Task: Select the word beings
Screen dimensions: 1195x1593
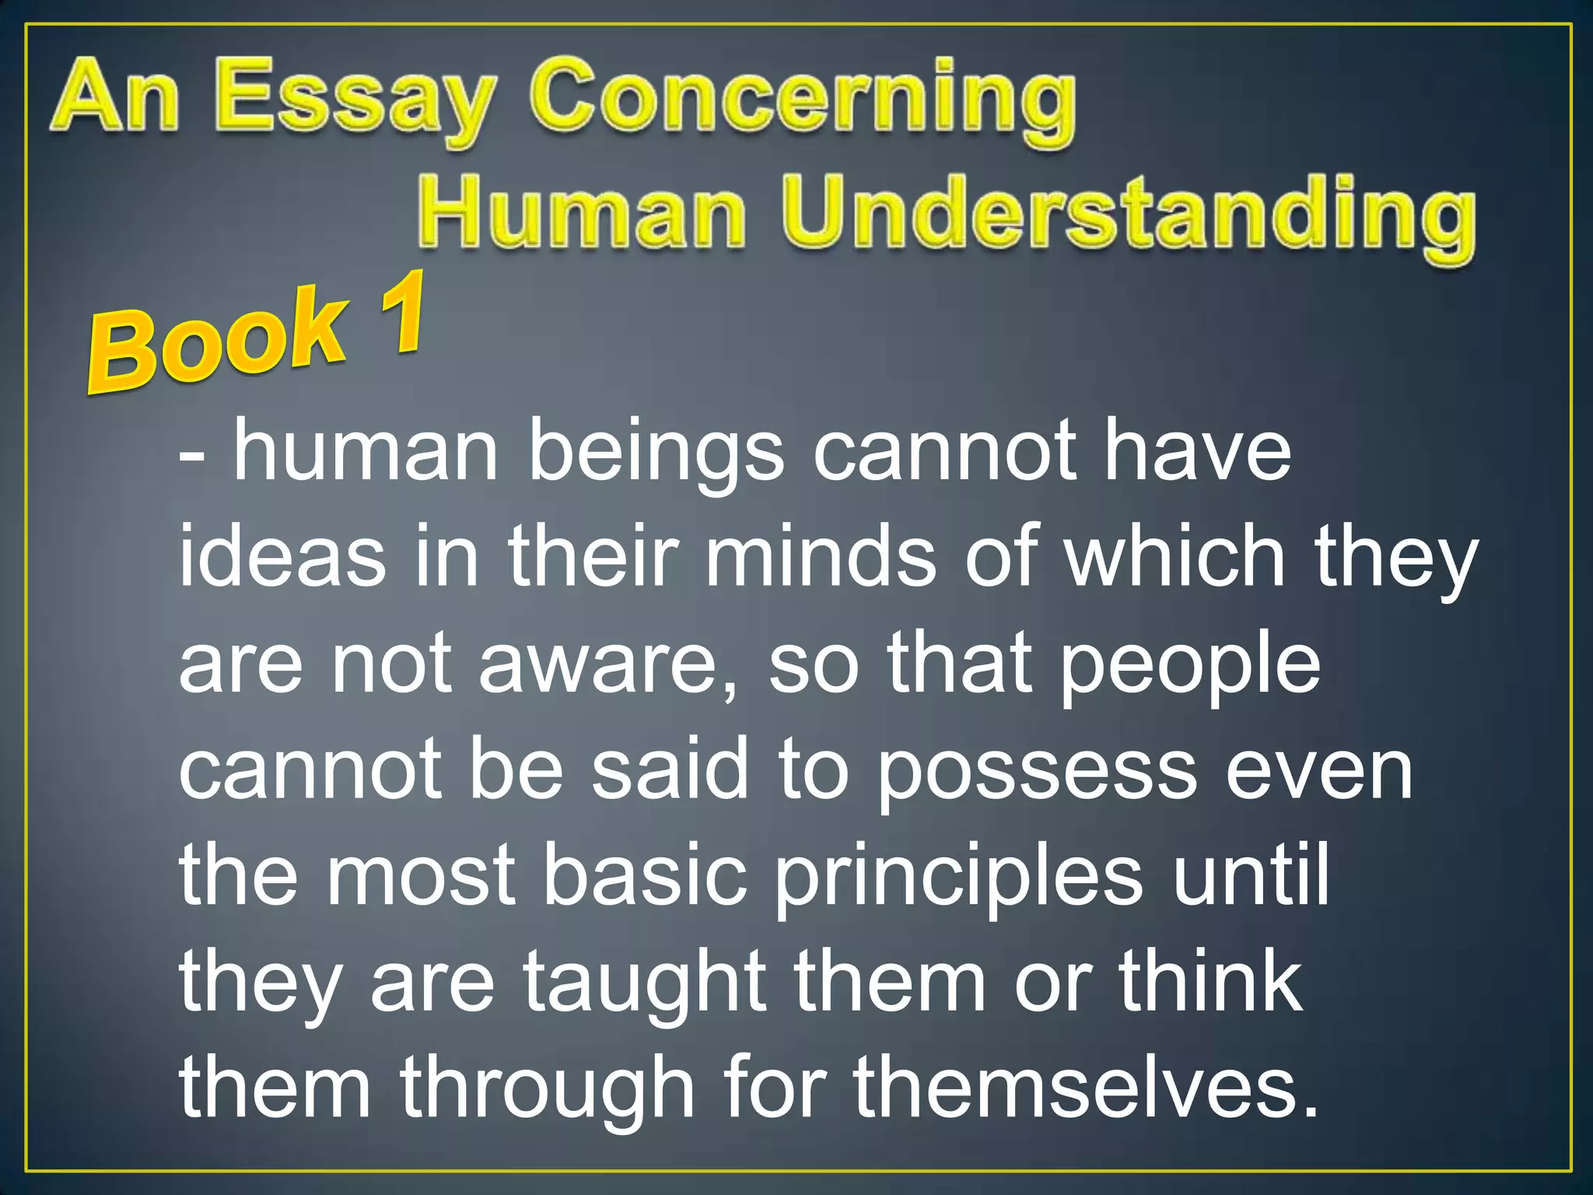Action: [x=656, y=453]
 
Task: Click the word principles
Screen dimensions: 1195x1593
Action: [x=959, y=879]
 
